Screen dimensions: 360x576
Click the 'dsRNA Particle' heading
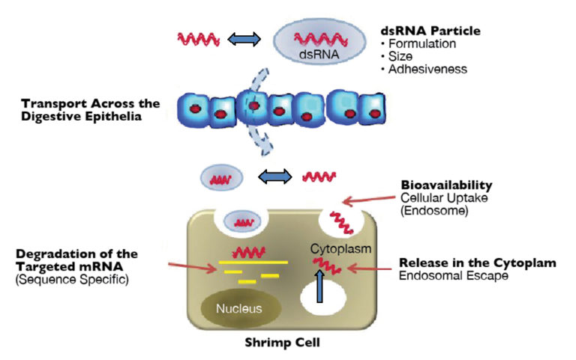point(430,31)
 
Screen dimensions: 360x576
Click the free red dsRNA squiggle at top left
point(197,37)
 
